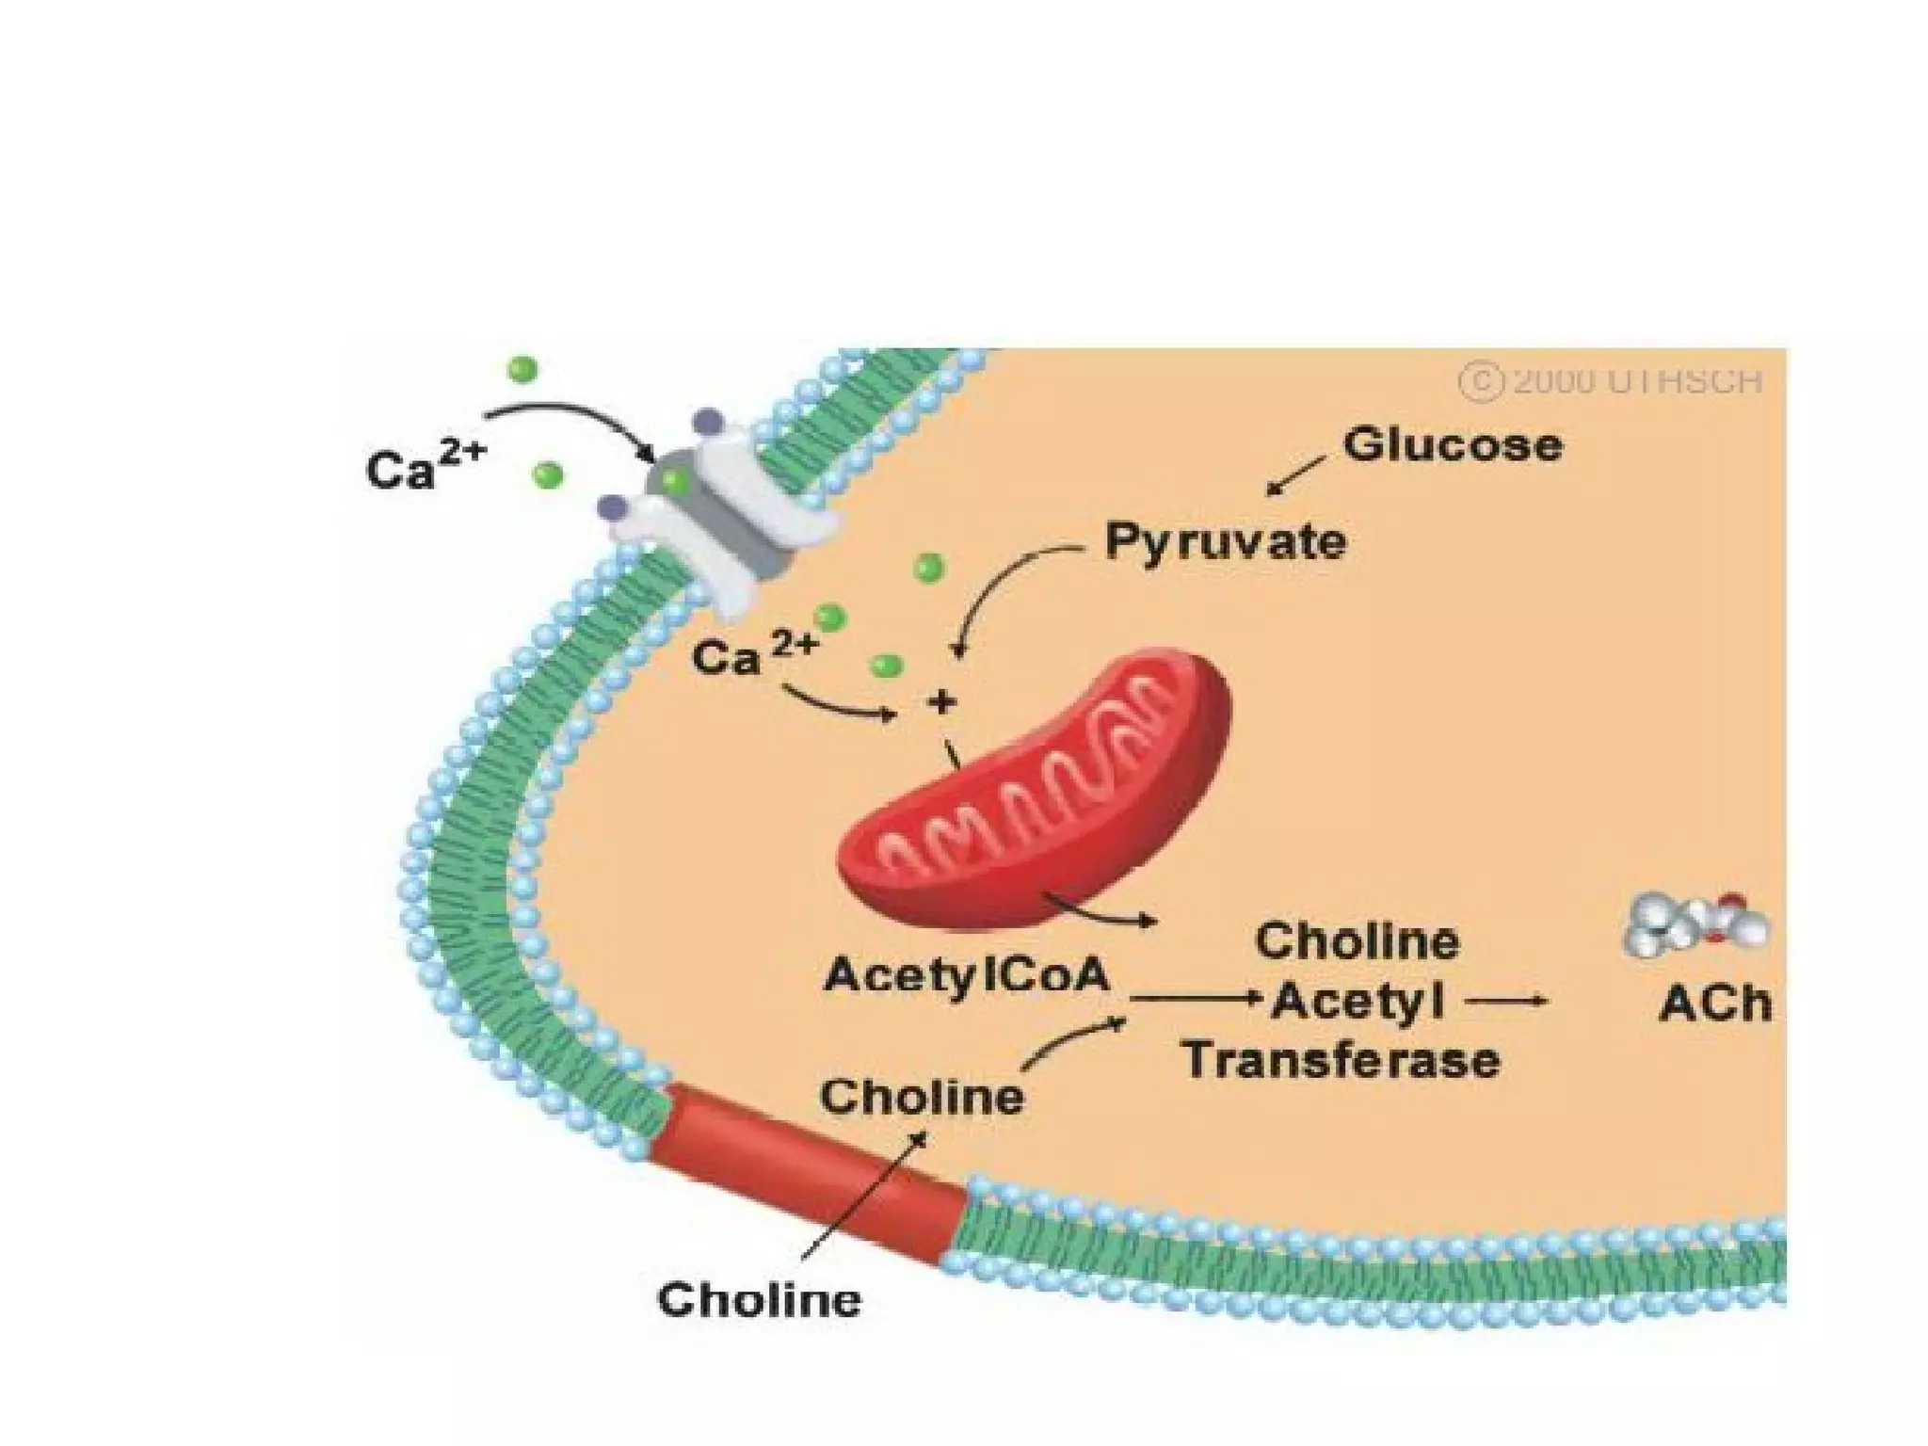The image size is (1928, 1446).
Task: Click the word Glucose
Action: click(x=1453, y=446)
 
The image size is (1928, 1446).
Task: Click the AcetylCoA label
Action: click(x=967, y=975)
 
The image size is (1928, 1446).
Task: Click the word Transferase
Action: click(x=1342, y=1061)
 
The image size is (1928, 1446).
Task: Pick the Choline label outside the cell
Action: click(x=759, y=1300)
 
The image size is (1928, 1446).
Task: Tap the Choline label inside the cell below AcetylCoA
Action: click(x=922, y=1097)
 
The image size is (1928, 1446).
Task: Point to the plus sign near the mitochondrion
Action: click(x=940, y=701)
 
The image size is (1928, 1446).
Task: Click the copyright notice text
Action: click(x=1610, y=382)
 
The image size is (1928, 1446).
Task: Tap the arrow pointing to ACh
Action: click(x=1506, y=1002)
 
